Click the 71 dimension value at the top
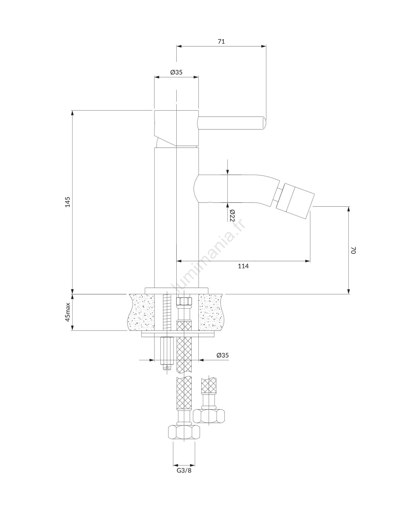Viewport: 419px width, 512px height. (221, 42)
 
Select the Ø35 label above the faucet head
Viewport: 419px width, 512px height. (176, 72)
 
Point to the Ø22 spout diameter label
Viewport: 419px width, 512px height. (232, 215)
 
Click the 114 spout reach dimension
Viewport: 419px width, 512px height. (243, 266)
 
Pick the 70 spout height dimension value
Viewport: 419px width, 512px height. (353, 250)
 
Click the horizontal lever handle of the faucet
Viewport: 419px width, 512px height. (232, 123)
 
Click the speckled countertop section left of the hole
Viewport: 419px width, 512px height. (141, 312)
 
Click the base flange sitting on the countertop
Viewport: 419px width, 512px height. (177, 291)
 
